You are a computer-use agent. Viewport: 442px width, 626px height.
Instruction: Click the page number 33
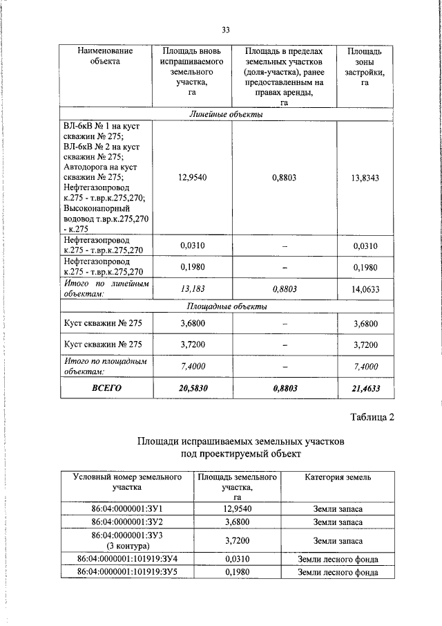click(226, 30)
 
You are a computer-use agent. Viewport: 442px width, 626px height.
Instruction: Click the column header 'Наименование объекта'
click(104, 57)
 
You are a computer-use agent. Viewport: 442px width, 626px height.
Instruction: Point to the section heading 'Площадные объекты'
click(227, 306)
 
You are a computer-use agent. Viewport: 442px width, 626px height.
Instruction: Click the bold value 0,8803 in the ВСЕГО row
click(284, 389)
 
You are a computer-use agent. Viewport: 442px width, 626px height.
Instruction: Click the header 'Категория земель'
click(338, 477)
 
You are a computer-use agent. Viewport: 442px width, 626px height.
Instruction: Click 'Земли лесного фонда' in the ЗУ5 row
click(338, 572)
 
